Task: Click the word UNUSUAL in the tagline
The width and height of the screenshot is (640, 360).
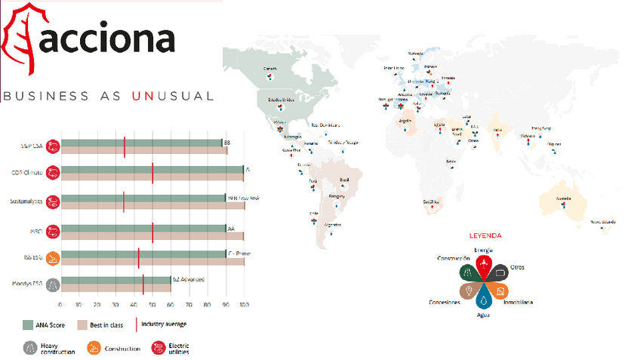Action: (x=173, y=96)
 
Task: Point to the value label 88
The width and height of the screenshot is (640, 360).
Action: (x=226, y=143)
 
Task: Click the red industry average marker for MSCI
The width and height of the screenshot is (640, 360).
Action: (x=152, y=232)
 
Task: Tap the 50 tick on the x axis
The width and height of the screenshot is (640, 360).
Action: (x=152, y=305)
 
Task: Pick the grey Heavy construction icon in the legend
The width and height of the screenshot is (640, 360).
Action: (x=30, y=348)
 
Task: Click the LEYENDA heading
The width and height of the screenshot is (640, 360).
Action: (x=485, y=235)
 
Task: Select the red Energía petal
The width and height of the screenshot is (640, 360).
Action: (x=484, y=265)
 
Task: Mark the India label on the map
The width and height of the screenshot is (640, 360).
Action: (x=496, y=129)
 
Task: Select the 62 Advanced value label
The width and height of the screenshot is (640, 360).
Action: (x=189, y=279)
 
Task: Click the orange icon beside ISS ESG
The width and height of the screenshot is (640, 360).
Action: (x=52, y=259)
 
